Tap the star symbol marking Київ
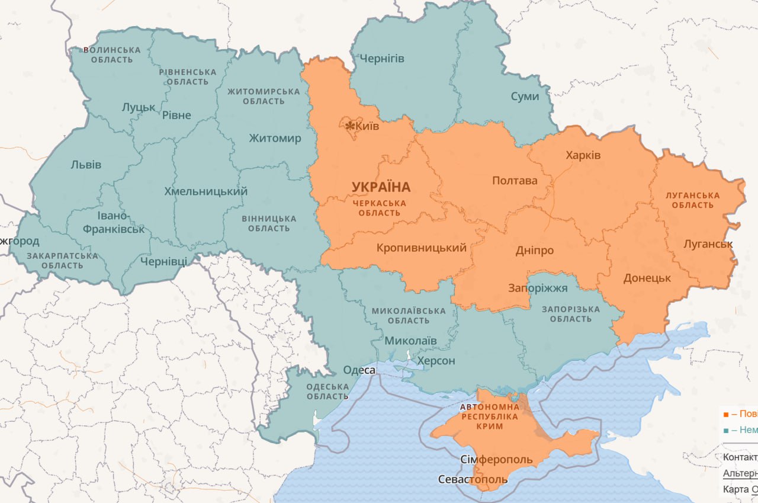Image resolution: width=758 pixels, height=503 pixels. (x=350, y=126)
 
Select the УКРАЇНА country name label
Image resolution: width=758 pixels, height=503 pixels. (x=381, y=187)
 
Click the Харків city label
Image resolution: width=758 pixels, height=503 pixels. (x=583, y=155)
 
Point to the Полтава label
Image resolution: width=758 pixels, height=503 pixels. (x=515, y=180)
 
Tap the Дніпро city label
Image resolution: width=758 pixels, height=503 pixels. (x=534, y=250)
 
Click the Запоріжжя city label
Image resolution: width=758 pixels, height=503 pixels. (x=538, y=289)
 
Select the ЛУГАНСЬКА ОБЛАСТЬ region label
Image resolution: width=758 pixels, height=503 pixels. (x=693, y=200)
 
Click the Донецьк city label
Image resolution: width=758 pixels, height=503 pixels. (x=647, y=278)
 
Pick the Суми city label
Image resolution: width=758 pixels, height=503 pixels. (x=525, y=96)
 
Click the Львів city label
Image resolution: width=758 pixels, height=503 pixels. (x=86, y=164)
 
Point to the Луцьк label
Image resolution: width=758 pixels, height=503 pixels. (x=139, y=107)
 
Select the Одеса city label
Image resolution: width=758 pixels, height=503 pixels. (x=359, y=370)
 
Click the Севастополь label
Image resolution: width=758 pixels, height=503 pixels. (x=473, y=479)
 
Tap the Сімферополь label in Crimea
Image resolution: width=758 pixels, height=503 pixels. (x=496, y=460)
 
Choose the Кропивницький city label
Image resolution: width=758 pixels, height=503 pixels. (x=422, y=248)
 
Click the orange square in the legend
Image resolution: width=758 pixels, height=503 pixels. (x=726, y=414)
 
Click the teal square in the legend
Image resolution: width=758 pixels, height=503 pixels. (x=726, y=430)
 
